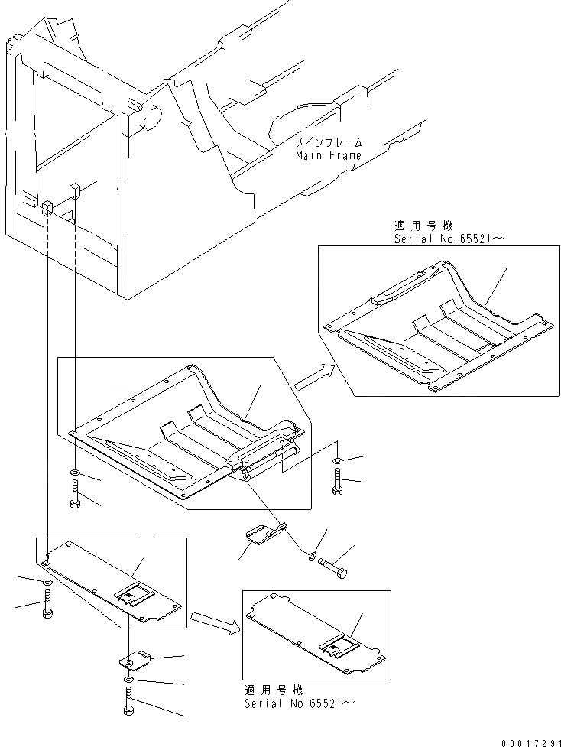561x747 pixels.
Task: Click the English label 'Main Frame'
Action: click(x=329, y=155)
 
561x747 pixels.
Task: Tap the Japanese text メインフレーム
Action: click(x=329, y=143)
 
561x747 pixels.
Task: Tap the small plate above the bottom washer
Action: click(x=134, y=658)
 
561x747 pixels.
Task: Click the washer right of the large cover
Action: click(x=337, y=461)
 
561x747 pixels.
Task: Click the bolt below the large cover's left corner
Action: click(x=73, y=495)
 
